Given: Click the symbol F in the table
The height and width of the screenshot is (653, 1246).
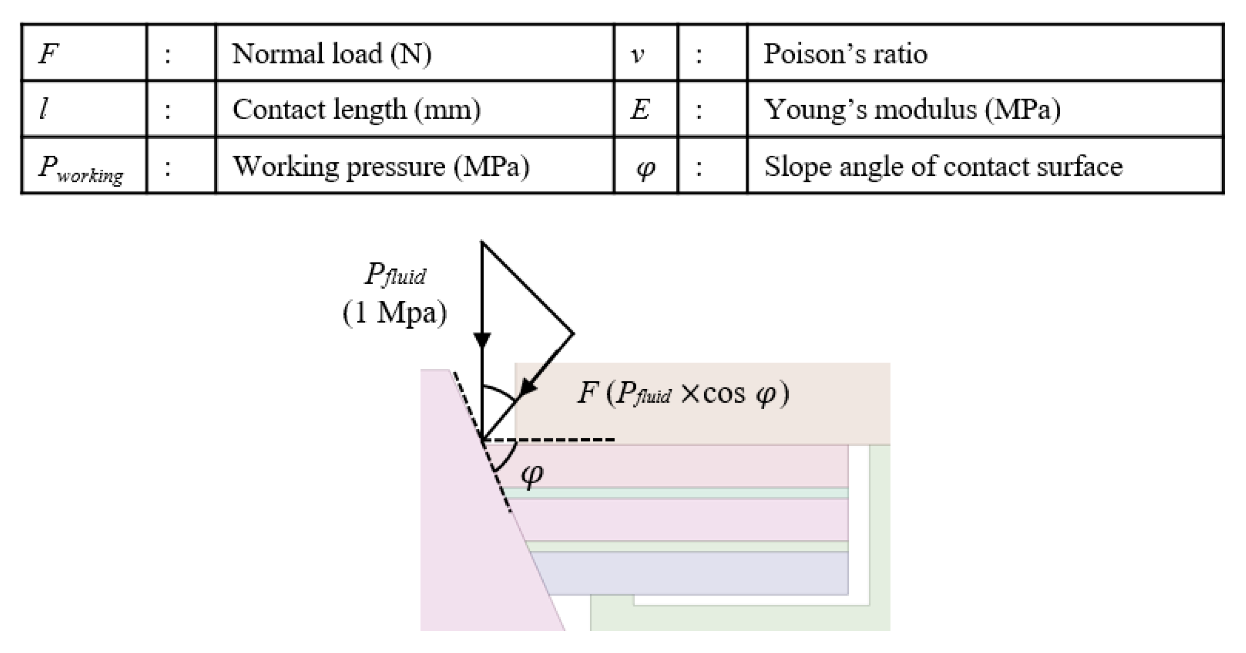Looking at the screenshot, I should [49, 53].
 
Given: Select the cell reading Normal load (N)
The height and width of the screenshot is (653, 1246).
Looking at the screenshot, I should [332, 53].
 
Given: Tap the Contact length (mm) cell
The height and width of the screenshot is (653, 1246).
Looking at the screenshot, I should [356, 109].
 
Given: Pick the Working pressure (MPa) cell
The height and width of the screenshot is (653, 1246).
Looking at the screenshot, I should [381, 167].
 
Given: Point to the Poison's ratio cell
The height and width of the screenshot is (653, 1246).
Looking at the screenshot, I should [845, 53].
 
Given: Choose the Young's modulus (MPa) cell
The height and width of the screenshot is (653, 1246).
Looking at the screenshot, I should [912, 109].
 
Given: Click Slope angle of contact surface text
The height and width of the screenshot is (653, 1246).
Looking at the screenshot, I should [943, 167].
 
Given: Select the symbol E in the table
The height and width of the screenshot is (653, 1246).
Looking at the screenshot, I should [639, 109].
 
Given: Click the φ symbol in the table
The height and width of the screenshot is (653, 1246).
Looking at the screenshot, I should [646, 168].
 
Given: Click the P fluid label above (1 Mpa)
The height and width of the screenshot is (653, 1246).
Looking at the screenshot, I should [395, 274].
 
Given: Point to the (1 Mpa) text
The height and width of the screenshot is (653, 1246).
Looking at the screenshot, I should [394, 313].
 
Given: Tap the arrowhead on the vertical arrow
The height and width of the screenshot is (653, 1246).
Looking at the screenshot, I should [482, 339].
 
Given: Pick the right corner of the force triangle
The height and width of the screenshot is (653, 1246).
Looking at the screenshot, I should [573, 333].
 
